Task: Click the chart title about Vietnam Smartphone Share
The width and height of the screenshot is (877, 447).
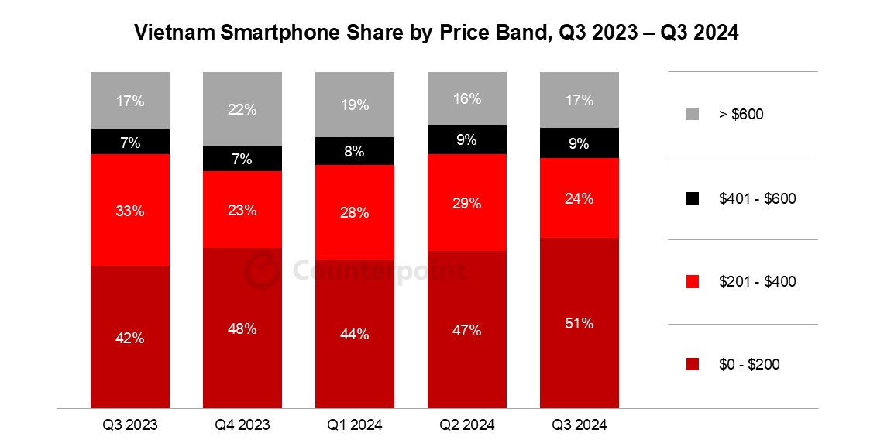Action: pyautogui.click(x=437, y=33)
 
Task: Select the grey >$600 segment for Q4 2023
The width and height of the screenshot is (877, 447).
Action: pyautogui.click(x=242, y=109)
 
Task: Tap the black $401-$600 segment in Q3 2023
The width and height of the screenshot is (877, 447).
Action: pyautogui.click(x=129, y=142)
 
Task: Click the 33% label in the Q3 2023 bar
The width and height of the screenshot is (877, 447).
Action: pyautogui.click(x=129, y=210)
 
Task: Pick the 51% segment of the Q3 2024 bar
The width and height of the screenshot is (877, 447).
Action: pyautogui.click(x=579, y=323)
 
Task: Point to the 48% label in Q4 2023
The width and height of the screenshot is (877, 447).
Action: pyautogui.click(x=242, y=328)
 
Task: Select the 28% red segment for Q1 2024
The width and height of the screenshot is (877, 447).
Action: pyautogui.click(x=354, y=212)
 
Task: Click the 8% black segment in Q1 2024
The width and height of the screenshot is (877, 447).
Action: pyautogui.click(x=354, y=151)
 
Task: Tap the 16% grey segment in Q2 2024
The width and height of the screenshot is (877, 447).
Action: pyautogui.click(x=466, y=98)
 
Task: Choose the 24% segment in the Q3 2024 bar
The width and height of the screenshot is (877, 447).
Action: pyautogui.click(x=579, y=198)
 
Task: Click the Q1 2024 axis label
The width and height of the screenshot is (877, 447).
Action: pyautogui.click(x=354, y=425)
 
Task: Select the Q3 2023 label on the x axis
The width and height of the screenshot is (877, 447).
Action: pyautogui.click(x=129, y=425)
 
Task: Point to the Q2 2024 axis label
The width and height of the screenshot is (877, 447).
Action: pyautogui.click(x=466, y=425)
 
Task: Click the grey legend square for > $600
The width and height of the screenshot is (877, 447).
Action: pyautogui.click(x=693, y=114)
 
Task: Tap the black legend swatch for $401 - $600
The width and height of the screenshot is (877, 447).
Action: pyautogui.click(x=693, y=198)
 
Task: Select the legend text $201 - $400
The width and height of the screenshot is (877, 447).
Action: pyautogui.click(x=757, y=282)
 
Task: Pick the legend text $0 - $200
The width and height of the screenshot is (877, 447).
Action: pyautogui.click(x=749, y=365)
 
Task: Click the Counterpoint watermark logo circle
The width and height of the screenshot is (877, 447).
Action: pyautogui.click(x=261, y=271)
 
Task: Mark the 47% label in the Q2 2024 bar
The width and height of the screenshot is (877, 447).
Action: pyautogui.click(x=466, y=331)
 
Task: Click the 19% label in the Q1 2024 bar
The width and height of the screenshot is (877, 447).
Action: pyautogui.click(x=354, y=105)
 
